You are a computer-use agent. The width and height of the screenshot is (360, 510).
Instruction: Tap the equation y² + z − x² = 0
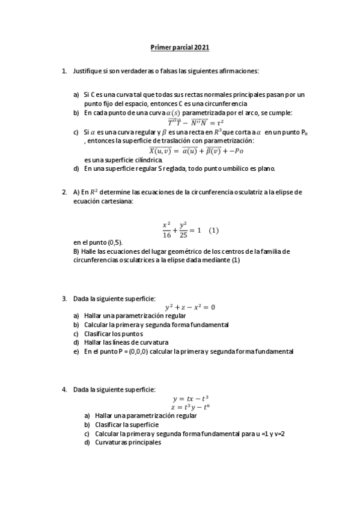(190, 307)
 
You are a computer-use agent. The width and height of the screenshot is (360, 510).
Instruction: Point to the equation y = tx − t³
(190, 398)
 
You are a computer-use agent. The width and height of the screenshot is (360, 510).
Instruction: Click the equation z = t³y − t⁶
(190, 407)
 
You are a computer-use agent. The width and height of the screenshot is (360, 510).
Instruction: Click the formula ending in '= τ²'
(187, 122)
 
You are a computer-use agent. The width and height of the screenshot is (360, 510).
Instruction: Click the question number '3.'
(64, 298)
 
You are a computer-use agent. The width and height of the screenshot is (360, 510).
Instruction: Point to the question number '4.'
(64, 389)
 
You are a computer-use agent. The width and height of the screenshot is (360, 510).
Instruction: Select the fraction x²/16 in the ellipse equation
(166, 231)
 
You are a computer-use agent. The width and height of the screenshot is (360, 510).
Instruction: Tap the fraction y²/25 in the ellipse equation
(183, 231)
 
